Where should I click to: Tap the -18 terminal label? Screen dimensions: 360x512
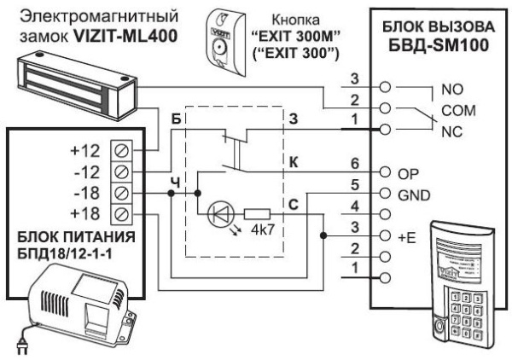pos(88,192)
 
